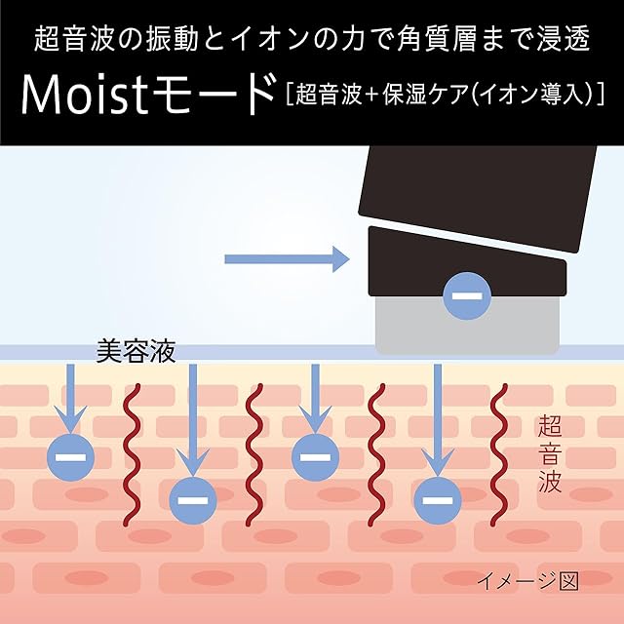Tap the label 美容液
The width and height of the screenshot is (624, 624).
(x=136, y=352)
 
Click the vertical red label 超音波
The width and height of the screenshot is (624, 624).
(x=550, y=453)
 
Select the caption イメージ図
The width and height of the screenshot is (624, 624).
(x=527, y=581)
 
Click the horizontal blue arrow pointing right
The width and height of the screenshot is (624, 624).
(x=287, y=259)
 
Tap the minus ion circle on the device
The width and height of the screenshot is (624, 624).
(x=467, y=295)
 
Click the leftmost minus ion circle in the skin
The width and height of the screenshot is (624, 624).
(x=71, y=457)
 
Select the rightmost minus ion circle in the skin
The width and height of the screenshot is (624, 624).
(x=438, y=500)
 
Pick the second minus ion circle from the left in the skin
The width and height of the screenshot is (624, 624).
(x=193, y=500)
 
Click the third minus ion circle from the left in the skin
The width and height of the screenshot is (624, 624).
(x=316, y=457)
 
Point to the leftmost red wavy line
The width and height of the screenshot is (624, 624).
(x=132, y=453)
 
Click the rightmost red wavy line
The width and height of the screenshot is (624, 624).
(x=499, y=453)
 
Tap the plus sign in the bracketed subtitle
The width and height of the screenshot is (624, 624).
(x=371, y=96)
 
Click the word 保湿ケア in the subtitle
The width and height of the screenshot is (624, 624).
(x=424, y=95)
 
